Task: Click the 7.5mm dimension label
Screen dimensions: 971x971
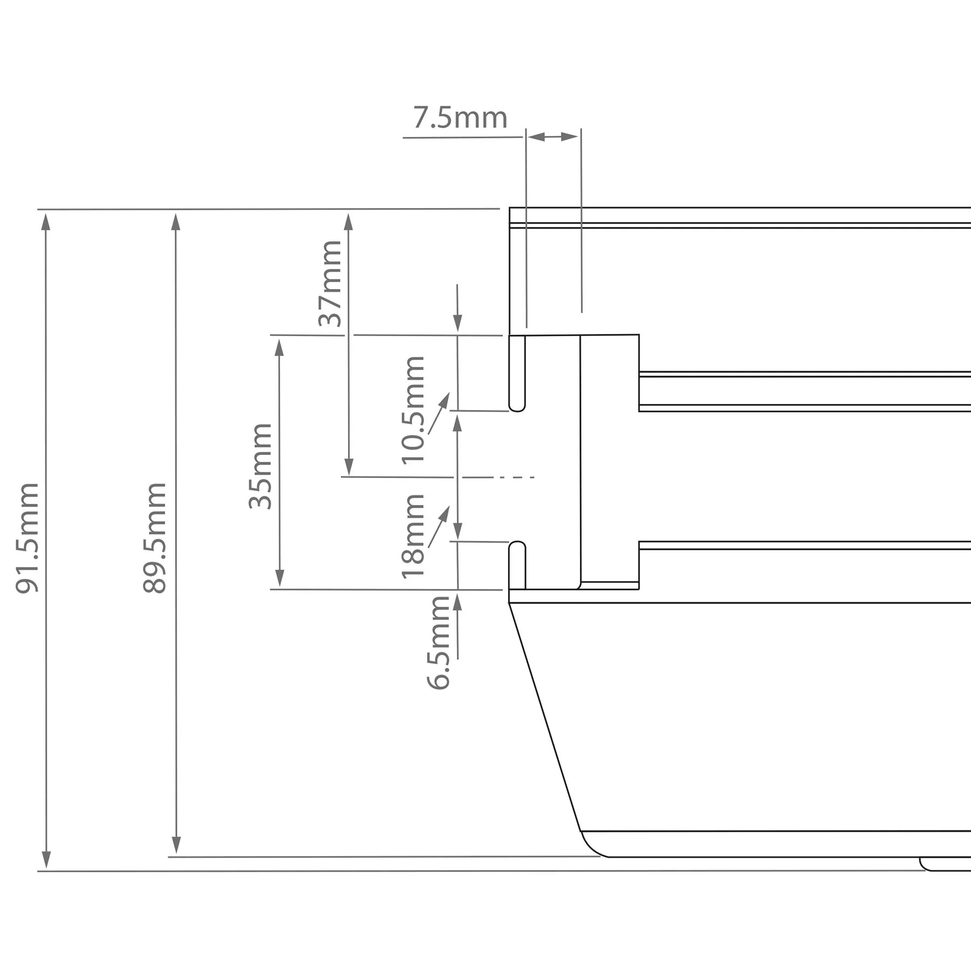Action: click(x=460, y=118)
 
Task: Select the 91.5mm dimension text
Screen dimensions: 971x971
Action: click(x=27, y=538)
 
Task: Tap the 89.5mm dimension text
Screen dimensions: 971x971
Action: click(x=155, y=538)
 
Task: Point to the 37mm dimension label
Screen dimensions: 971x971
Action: click(x=330, y=284)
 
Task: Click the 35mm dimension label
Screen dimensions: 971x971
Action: click(x=261, y=467)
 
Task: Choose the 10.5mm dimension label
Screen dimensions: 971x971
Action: click(x=414, y=411)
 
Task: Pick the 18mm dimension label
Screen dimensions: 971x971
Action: click(x=414, y=536)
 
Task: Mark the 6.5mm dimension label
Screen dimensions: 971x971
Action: click(x=439, y=642)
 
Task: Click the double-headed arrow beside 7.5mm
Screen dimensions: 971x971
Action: click(x=553, y=137)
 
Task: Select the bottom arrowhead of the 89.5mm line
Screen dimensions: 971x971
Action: click(x=176, y=844)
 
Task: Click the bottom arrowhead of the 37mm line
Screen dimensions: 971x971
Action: click(x=349, y=467)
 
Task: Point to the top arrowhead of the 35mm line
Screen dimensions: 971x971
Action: click(x=279, y=348)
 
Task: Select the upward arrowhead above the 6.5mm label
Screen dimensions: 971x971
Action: click(x=457, y=601)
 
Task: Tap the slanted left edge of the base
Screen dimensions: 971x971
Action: click(x=545, y=717)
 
